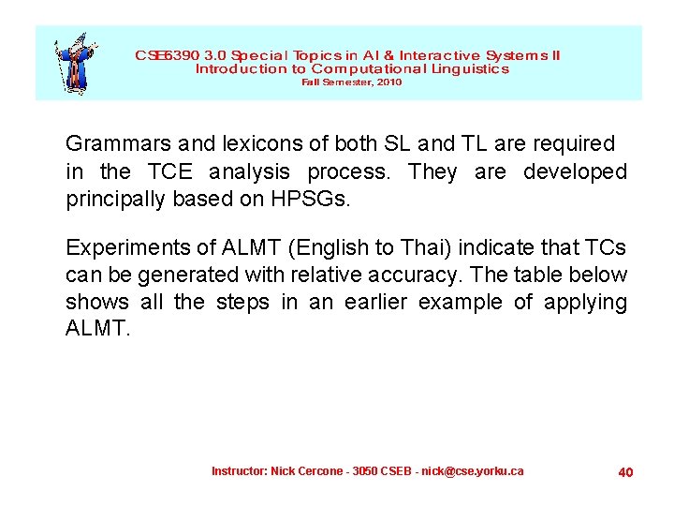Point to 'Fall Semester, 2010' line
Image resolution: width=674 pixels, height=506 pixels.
click(x=351, y=82)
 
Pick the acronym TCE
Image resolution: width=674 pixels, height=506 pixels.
click(x=168, y=172)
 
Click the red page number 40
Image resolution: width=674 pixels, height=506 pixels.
click(x=625, y=472)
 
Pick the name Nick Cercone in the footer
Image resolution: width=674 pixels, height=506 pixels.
click(x=306, y=470)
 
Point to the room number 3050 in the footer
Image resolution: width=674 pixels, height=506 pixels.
click(x=366, y=470)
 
